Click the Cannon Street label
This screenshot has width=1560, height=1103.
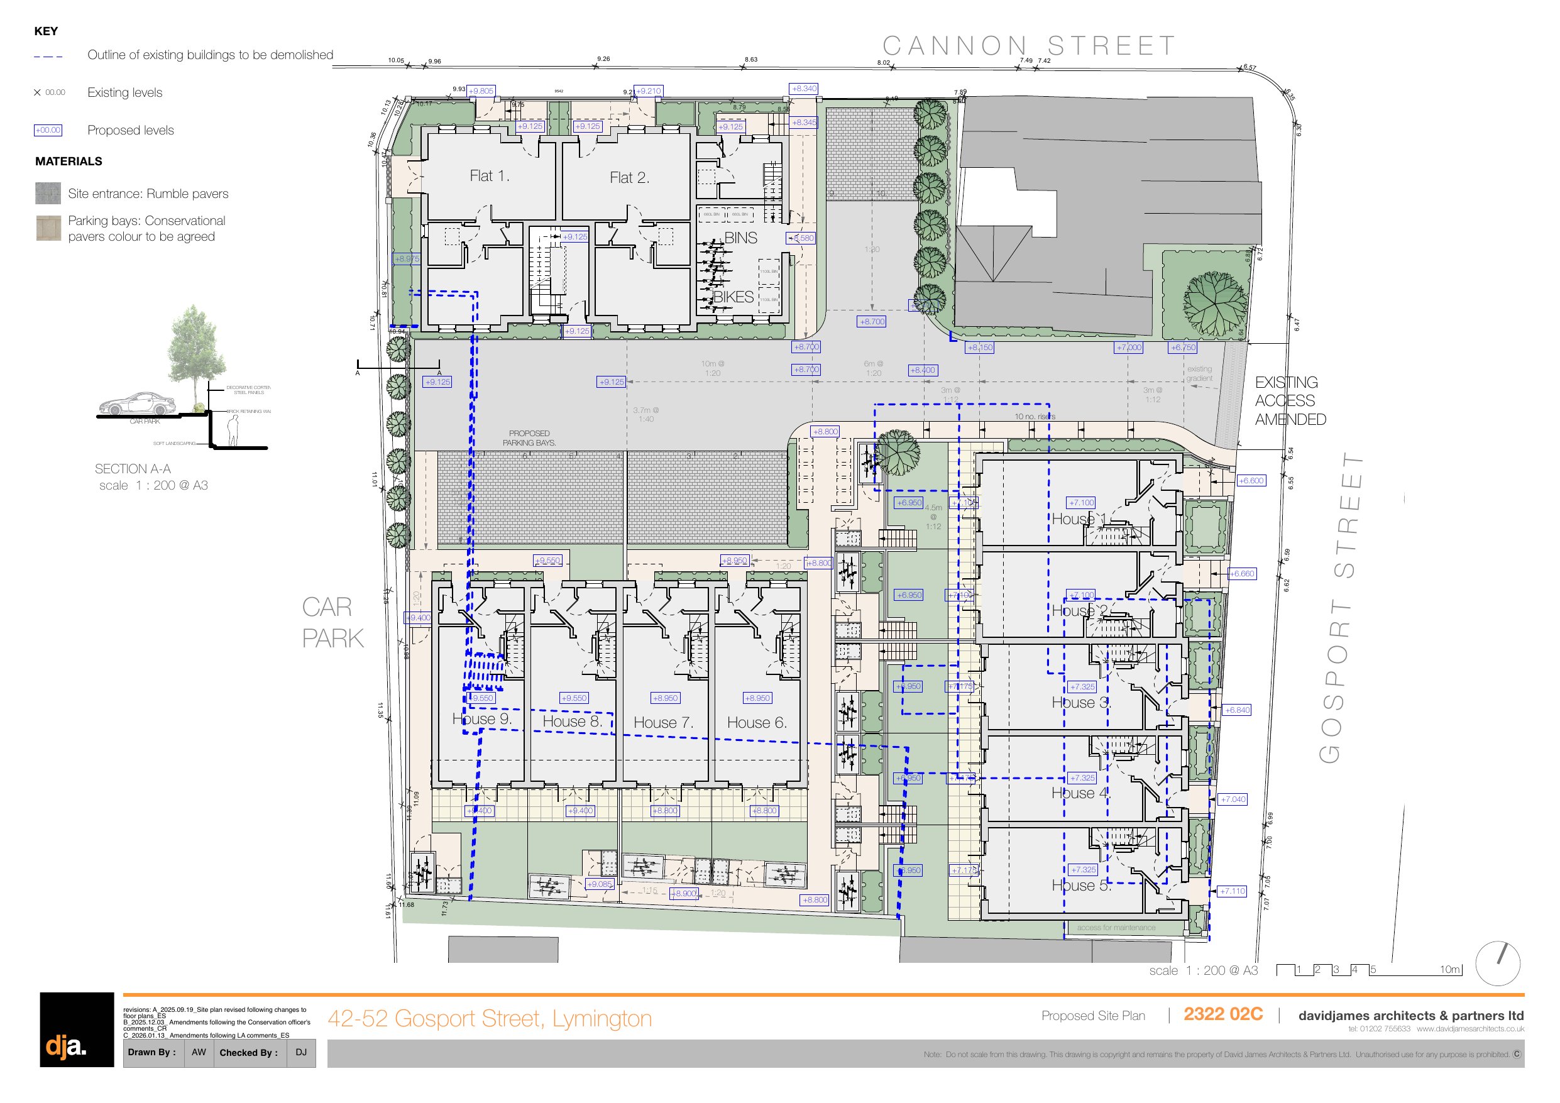[x=1029, y=47]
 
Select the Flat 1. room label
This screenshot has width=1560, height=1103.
[x=489, y=176]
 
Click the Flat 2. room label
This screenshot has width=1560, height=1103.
[x=629, y=178]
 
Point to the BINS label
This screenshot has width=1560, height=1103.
[x=740, y=238]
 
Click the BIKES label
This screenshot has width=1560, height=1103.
[x=733, y=297]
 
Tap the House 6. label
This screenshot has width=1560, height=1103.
[x=757, y=722]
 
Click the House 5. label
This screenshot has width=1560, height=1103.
[x=1081, y=885]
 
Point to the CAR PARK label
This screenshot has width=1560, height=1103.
[x=332, y=622]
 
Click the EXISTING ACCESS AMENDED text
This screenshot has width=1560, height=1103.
[x=1289, y=401]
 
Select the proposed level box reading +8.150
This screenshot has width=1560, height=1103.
[x=979, y=348]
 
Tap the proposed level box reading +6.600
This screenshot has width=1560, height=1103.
[x=1251, y=481]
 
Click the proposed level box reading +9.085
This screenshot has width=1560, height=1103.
[x=599, y=884]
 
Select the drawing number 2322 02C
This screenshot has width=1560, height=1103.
[x=1222, y=1014]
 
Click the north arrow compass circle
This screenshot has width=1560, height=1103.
[x=1498, y=963]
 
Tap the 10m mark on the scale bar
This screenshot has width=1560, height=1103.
[x=1449, y=970]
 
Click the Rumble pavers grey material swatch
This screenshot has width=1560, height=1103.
[x=48, y=194]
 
